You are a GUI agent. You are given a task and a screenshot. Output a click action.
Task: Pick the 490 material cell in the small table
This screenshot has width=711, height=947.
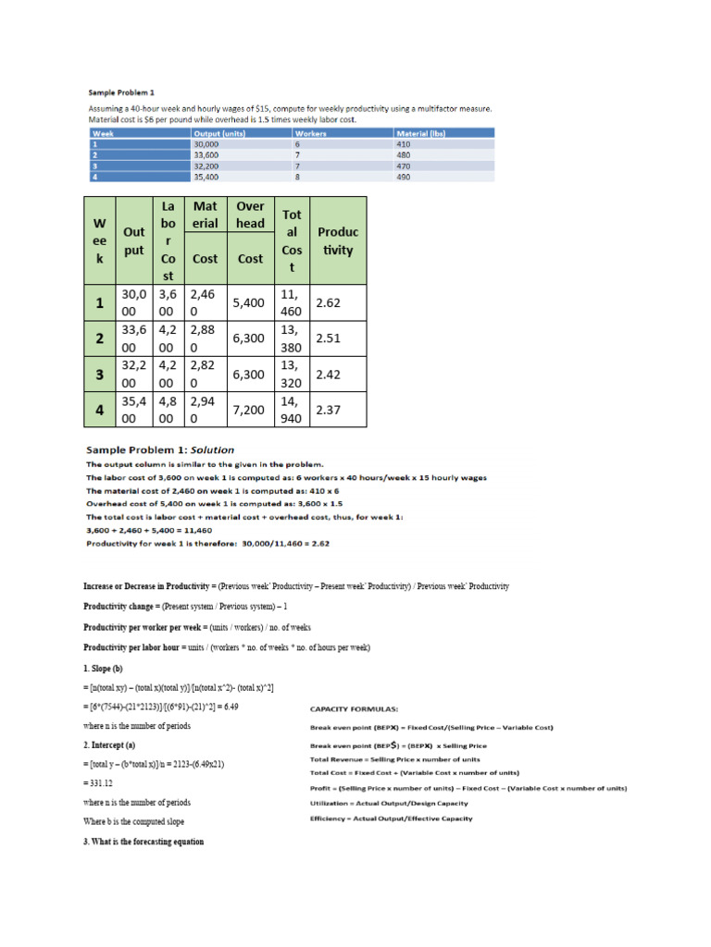(x=404, y=177)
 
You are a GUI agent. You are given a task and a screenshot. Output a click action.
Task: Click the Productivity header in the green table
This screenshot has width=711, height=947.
(x=337, y=240)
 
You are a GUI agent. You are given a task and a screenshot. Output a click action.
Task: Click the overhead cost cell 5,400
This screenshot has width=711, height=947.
(x=250, y=302)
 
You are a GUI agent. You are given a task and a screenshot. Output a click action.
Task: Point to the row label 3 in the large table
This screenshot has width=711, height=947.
(x=98, y=374)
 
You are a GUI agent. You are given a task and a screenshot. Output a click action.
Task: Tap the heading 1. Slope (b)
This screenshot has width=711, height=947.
(x=108, y=668)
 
